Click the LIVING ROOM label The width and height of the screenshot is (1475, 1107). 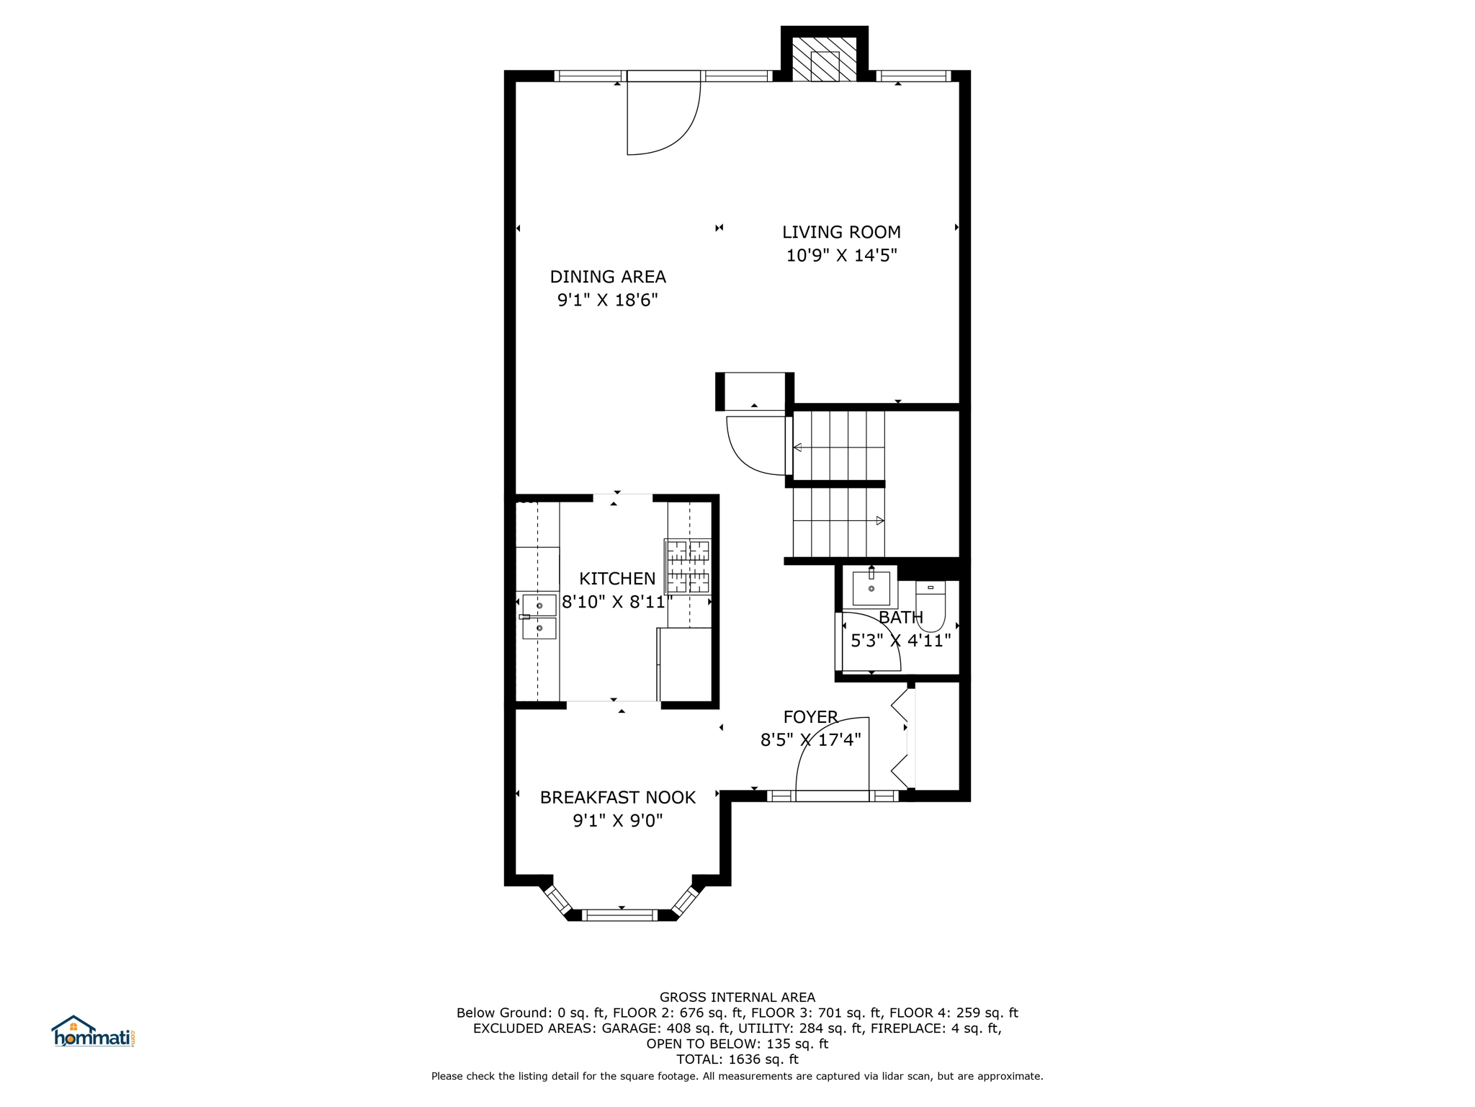pos(841,232)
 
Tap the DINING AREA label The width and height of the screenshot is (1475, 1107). pos(608,277)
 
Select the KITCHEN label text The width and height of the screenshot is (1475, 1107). pos(617,579)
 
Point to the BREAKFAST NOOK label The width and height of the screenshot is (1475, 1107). pos(618,797)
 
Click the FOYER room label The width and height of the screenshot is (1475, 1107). pos(810,716)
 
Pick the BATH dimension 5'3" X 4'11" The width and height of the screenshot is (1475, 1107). pos(901,641)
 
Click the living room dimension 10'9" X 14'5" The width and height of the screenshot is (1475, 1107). pos(841,255)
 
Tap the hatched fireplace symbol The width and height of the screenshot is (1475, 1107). pos(825,59)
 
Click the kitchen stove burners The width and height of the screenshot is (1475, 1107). pos(688,566)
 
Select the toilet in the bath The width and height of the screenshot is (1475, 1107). pos(931,606)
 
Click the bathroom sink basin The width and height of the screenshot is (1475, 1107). pos(871,588)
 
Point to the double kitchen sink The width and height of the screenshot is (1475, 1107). pos(539,617)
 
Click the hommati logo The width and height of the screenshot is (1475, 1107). pos(93,1031)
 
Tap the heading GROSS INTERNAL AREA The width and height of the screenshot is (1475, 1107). pos(737,997)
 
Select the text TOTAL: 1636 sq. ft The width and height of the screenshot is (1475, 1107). pos(737,1059)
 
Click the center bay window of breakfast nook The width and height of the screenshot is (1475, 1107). pos(619,915)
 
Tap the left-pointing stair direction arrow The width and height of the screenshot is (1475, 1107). pos(839,448)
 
